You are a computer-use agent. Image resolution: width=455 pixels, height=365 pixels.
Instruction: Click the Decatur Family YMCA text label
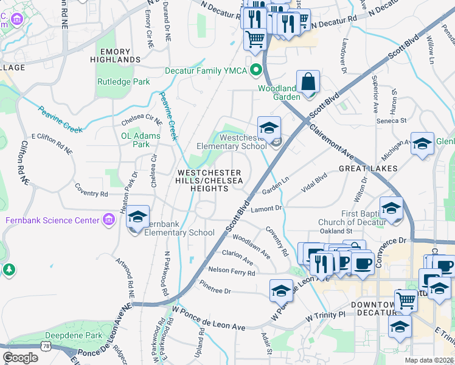[206, 71]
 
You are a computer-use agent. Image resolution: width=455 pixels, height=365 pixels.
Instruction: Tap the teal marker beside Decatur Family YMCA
[257, 71]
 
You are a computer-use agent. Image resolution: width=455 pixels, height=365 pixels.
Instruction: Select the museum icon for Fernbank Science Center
[109, 220]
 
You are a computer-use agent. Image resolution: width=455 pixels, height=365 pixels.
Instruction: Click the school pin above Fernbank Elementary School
[138, 217]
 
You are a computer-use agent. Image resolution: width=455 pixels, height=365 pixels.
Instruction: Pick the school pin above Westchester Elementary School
[269, 128]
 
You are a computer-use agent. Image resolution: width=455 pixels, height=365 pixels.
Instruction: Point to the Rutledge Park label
[123, 82]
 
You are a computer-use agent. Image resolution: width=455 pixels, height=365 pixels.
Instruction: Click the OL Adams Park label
[135, 140]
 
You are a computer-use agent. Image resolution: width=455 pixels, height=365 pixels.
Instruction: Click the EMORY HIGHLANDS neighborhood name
[115, 55]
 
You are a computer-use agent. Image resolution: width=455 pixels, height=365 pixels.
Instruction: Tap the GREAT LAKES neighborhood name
[368, 169]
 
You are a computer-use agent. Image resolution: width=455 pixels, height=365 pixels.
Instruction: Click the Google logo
[20, 358]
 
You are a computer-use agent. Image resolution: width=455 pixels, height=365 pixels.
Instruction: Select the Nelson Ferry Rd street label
[232, 272]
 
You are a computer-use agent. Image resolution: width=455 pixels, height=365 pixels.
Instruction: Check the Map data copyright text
[429, 360]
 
